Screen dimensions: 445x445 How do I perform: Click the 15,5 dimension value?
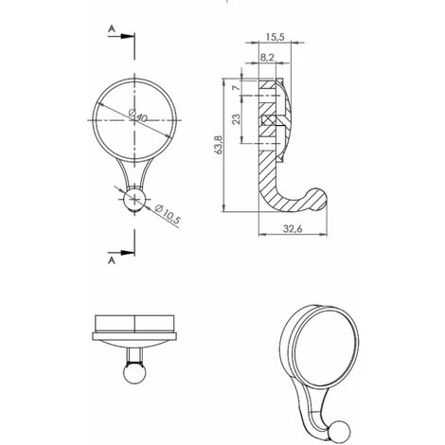275,37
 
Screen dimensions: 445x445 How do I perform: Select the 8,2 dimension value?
267,58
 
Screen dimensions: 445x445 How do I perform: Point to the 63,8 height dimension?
219,145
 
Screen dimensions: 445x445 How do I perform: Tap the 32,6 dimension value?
293,228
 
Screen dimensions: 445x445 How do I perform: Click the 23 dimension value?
236,118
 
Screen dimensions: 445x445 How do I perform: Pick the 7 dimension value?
236,87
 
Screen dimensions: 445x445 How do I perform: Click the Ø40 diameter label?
138,116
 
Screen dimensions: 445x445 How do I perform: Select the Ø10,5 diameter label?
169,214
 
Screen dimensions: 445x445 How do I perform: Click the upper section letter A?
112,29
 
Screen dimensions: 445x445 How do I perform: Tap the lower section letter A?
112,260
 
